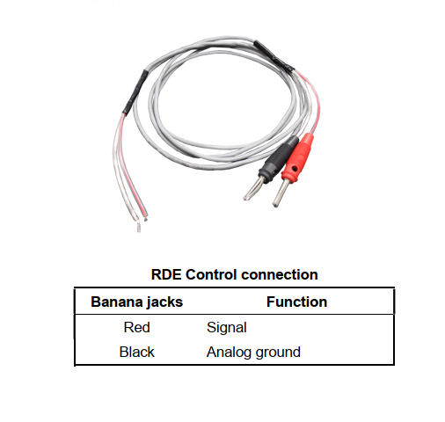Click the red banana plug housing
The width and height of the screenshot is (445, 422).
[298, 157]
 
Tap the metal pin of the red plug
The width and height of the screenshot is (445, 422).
[280, 193]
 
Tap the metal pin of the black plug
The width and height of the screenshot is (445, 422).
[254, 188]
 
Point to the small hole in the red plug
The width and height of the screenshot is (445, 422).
[294, 169]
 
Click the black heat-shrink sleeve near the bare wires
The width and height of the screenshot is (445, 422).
[134, 91]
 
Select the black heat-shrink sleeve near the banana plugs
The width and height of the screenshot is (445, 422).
[274, 56]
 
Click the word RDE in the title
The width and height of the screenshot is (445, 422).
[166, 274]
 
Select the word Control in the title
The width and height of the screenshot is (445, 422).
[211, 274]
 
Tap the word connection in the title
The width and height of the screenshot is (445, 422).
[280, 274]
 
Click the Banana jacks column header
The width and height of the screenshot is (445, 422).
[136, 302]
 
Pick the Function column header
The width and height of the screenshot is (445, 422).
[296, 302]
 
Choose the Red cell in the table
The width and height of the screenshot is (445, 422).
[136, 327]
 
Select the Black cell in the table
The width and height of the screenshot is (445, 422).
[136, 352]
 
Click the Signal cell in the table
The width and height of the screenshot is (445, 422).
[227, 328]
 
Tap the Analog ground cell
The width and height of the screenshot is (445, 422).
[253, 353]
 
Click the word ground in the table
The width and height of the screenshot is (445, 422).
[278, 353]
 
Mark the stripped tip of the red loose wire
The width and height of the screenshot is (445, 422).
[145, 218]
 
